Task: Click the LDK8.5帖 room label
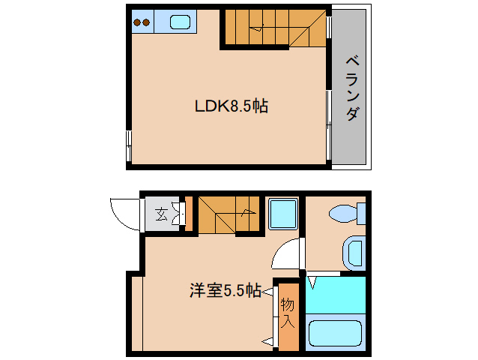pos(232,106)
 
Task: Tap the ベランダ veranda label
pos(351,88)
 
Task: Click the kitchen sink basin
pos(181,22)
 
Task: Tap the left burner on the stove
pos(136,22)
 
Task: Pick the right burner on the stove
pos(146,22)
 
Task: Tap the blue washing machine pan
pos(283,214)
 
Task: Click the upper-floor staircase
pos(273,28)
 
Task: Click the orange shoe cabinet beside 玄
pos(189,213)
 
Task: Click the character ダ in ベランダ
pos(351,113)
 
